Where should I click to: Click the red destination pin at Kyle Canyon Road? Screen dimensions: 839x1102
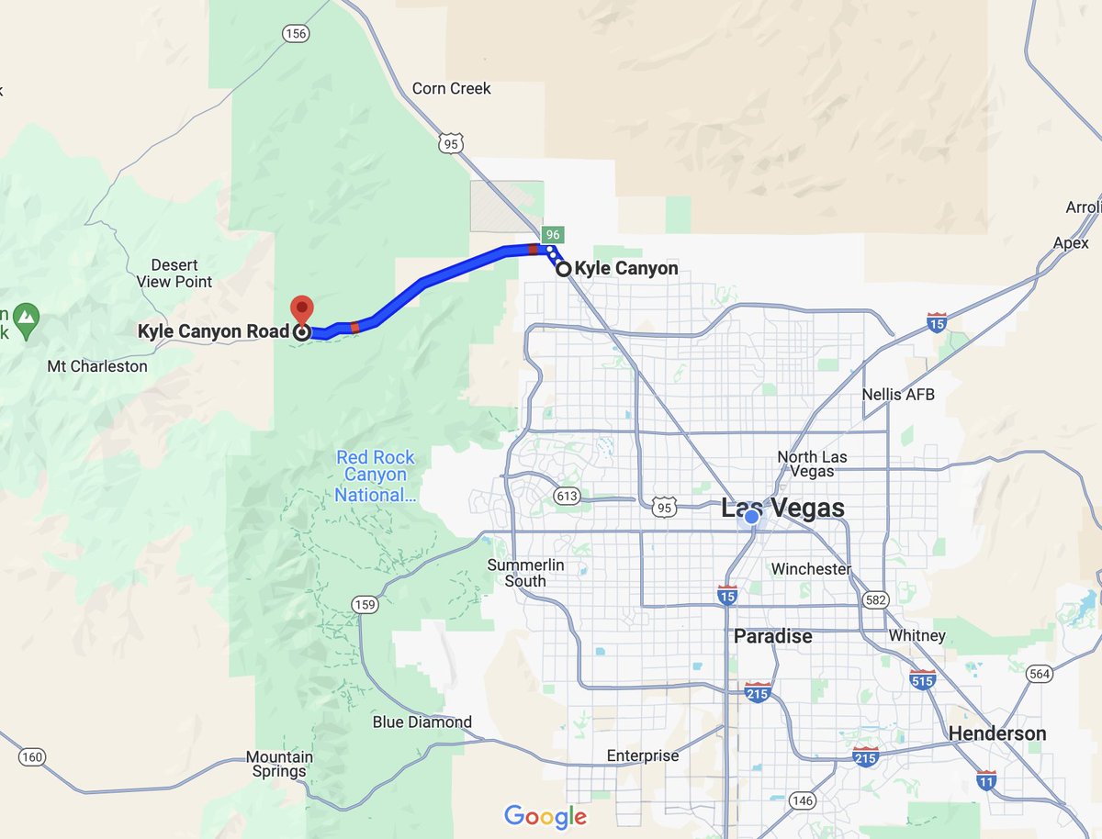[x=301, y=310]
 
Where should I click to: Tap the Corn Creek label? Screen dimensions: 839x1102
[x=451, y=89]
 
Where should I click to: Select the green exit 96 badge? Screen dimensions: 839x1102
[x=552, y=234]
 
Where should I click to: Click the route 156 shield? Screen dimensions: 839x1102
[x=295, y=33]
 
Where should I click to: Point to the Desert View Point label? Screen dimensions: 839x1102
[x=174, y=274]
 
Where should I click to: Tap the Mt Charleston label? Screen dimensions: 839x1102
[x=97, y=366]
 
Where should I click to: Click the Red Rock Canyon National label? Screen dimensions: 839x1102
[x=375, y=476]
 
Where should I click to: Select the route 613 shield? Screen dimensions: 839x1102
[x=567, y=497]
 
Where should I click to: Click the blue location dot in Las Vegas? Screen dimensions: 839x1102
[x=751, y=518]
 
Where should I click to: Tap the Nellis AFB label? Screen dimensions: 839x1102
[x=898, y=395]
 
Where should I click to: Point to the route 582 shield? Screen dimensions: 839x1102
[x=875, y=599]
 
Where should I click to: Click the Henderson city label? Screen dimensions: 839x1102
[x=996, y=733]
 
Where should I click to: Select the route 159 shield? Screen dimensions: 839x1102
[x=365, y=605]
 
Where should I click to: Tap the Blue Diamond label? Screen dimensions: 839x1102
[x=422, y=722]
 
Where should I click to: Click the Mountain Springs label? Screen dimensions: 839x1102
[x=279, y=765]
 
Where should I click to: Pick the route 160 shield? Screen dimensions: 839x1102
[x=31, y=757]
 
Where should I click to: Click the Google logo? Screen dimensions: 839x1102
[x=545, y=816]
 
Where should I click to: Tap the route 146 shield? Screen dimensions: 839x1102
[x=802, y=801]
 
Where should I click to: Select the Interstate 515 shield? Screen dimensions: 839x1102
[x=923, y=680]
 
